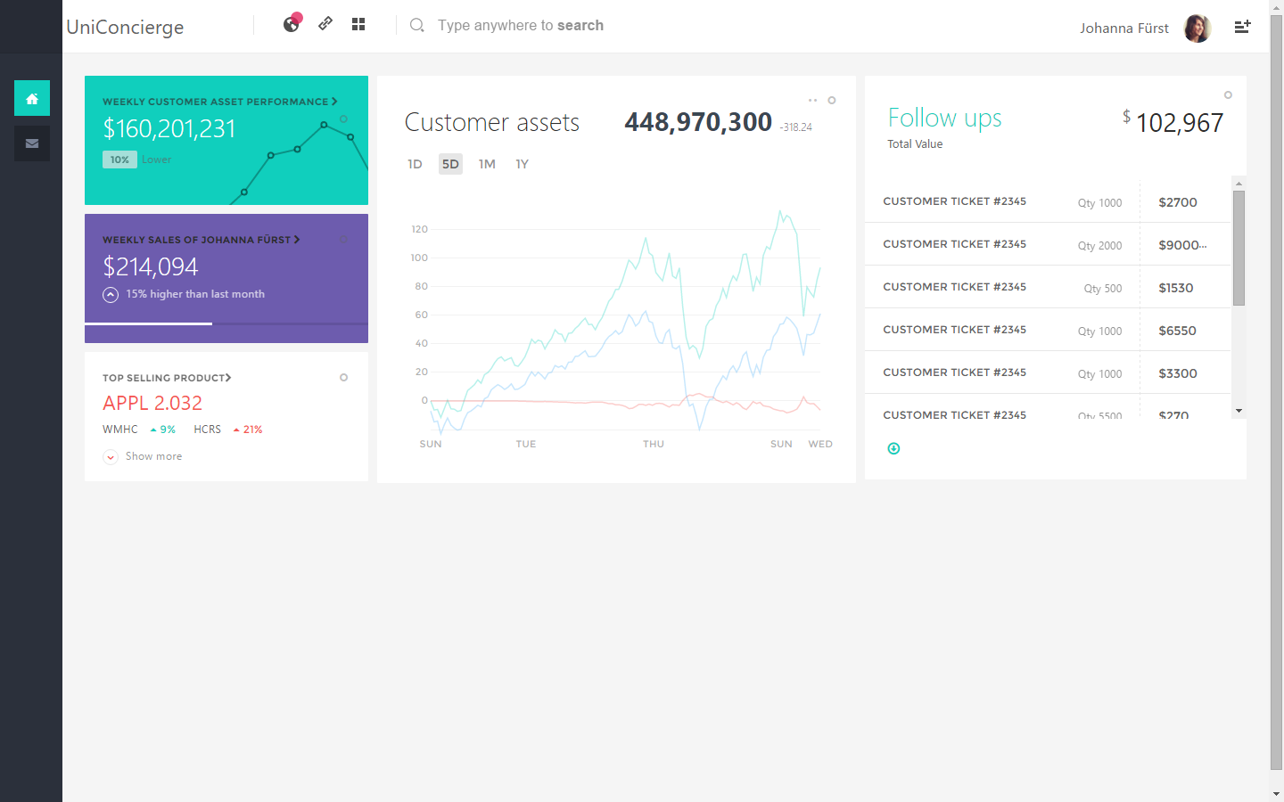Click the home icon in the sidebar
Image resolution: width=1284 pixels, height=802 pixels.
coord(32,98)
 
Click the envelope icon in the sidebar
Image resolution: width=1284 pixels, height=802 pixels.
coord(32,143)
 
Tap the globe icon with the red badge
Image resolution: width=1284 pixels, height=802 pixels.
coord(292,24)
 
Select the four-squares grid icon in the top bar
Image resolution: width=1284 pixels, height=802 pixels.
coord(358,24)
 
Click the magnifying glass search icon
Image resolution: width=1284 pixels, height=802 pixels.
coord(416,25)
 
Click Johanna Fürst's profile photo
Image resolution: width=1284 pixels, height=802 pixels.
coord(1197,29)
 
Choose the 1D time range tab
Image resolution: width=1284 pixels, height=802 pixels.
coord(415,164)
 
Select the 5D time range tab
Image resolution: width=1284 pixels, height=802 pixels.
coord(450,164)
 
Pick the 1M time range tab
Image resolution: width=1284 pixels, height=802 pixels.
coord(487,164)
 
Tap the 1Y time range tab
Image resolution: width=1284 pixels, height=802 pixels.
coord(523,164)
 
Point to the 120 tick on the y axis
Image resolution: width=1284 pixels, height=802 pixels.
coord(420,229)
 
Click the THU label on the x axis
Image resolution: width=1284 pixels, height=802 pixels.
coord(654,444)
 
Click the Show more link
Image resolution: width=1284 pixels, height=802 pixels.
coord(153,456)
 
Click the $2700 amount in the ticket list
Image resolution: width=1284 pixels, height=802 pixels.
coord(1178,202)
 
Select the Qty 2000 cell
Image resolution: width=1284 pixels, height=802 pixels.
coord(1099,246)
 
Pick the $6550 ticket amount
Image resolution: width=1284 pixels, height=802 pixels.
coord(1177,331)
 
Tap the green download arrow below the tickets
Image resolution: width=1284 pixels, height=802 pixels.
coord(893,448)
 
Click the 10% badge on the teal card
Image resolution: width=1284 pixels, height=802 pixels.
coord(119,160)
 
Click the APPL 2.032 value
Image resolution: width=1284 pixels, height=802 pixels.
coord(152,403)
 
